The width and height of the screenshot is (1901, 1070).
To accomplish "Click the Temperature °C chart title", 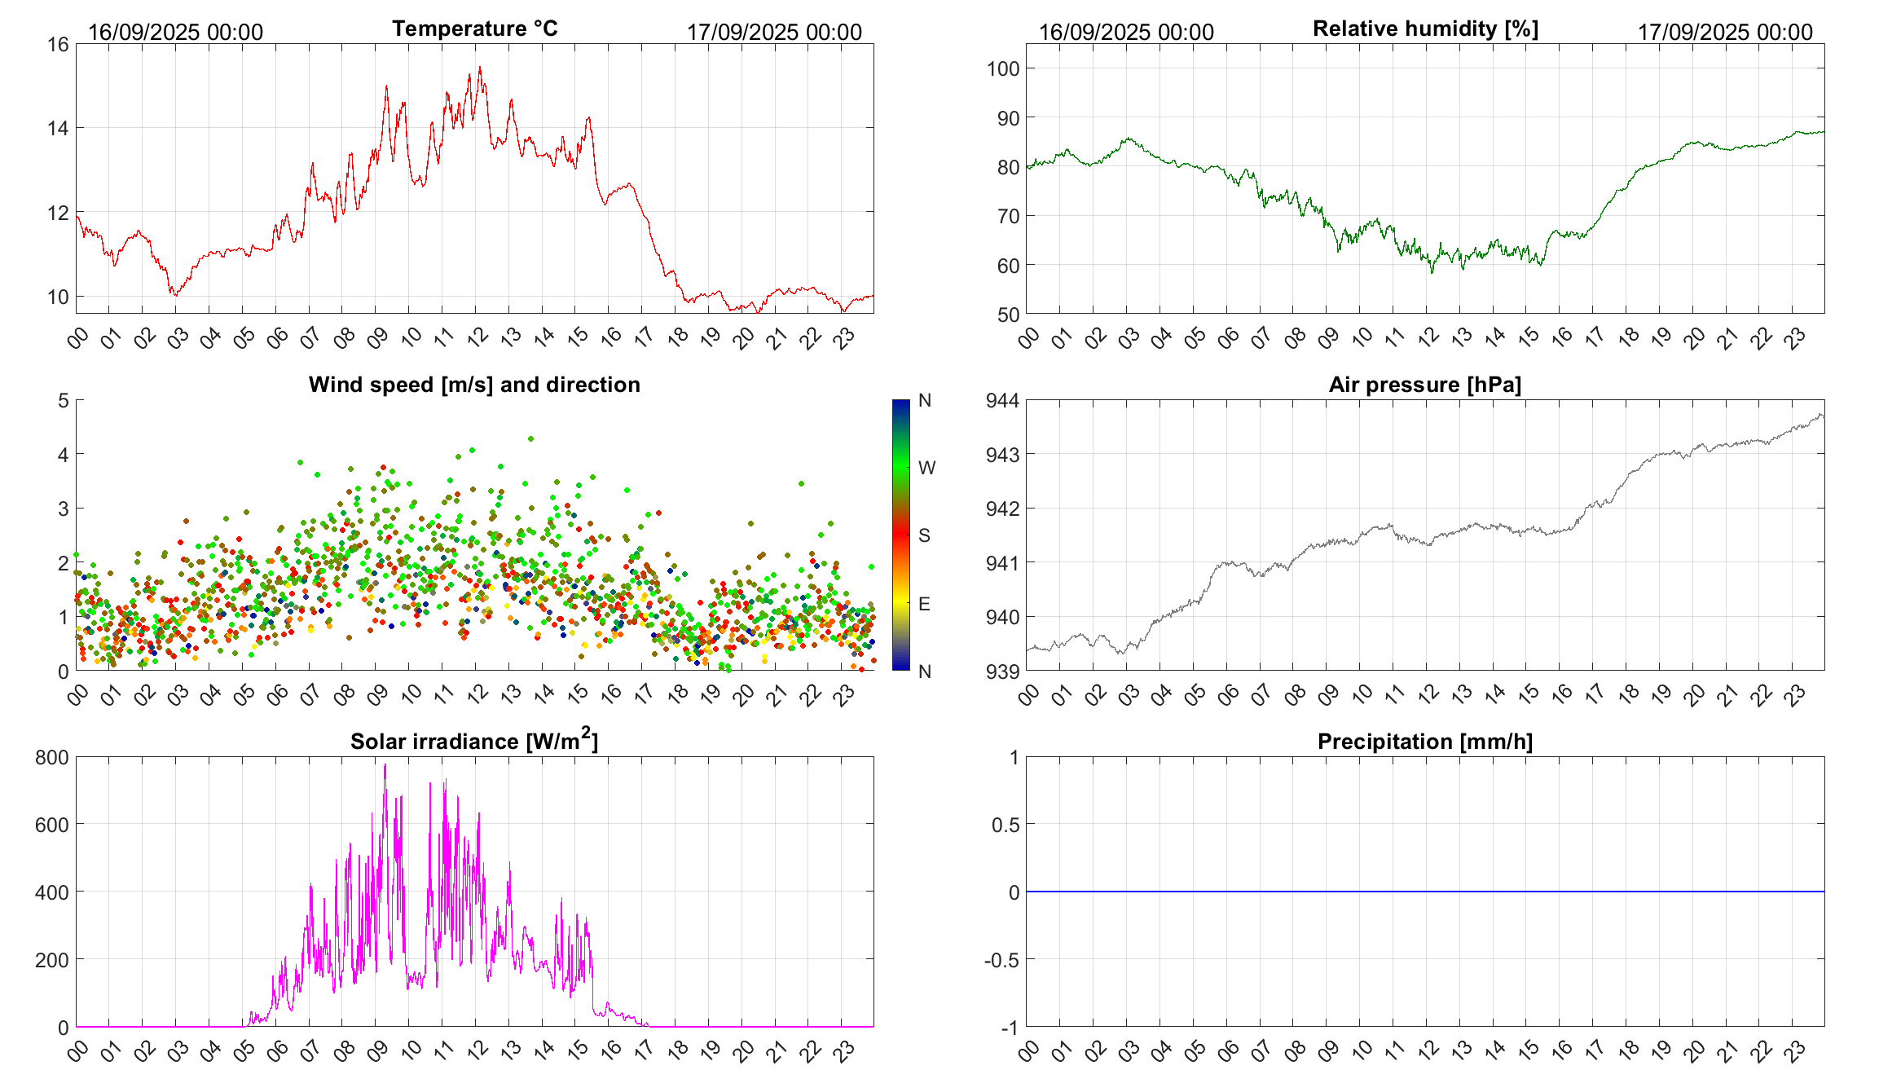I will coord(474,29).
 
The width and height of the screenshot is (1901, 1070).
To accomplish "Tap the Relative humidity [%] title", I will coord(1425,29).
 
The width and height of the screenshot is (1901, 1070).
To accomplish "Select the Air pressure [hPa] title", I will coord(1424,385).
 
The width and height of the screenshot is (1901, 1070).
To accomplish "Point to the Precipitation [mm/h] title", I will coord(1424,742).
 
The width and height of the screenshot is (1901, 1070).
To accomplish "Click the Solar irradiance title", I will coord(474,741).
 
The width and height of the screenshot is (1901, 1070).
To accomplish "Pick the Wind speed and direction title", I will coord(474,385).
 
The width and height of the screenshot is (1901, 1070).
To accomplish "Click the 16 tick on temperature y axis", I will coord(58,44).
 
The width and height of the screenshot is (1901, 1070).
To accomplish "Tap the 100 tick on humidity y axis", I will coord(1003,68).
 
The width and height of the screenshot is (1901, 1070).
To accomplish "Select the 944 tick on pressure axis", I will coord(1003,400).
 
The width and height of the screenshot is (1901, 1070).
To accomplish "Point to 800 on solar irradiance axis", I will coord(52,757).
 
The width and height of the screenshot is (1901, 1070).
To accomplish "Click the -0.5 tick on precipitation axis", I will coord(1001,959).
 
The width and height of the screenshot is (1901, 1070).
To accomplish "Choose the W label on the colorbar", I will coord(926,468).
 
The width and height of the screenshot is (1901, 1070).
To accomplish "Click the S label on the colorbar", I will coord(924,535).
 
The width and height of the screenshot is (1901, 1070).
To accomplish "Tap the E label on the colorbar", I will coord(924,604).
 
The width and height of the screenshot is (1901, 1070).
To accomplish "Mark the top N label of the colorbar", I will coord(925,400).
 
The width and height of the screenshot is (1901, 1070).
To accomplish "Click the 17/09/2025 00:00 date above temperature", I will coord(774,32).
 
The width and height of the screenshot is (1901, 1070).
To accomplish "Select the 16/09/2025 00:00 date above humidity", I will coord(1126,32).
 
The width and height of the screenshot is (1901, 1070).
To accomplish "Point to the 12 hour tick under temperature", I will coord(477,337).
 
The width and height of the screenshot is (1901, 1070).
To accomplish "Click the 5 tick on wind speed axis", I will coord(64,400).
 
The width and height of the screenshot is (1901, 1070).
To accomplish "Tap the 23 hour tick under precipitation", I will coord(1795,1050).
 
